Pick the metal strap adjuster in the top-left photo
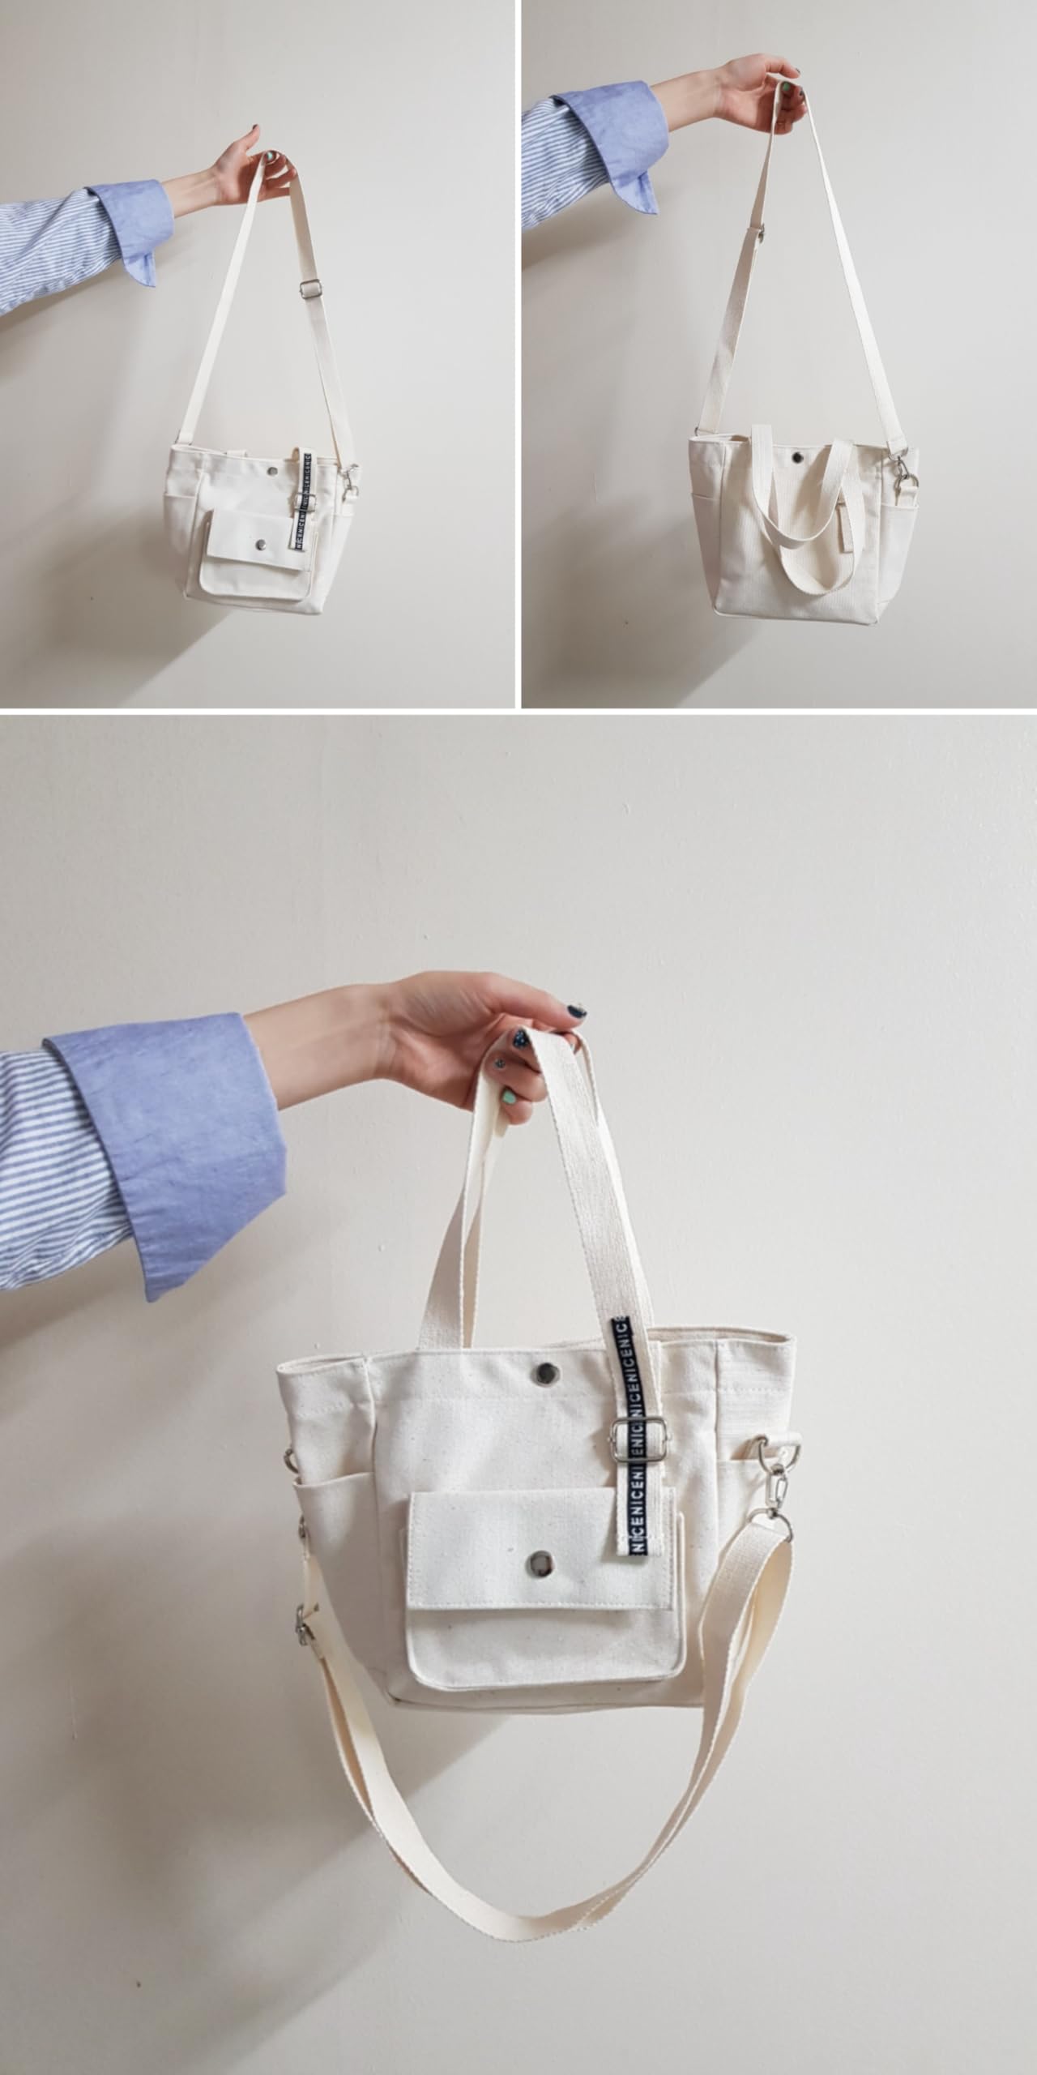308,288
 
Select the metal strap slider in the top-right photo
762,233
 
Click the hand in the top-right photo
757,89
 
